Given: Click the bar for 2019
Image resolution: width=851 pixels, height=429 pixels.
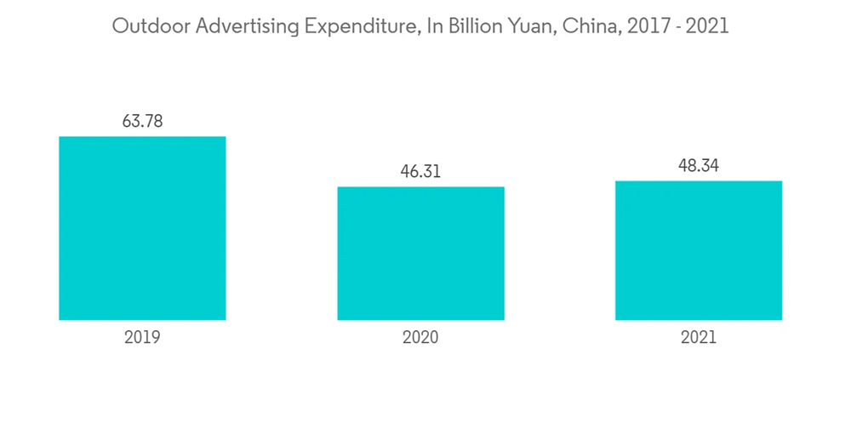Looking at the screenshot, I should [x=142, y=228].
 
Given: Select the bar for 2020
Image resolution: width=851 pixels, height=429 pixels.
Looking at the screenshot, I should [x=420, y=254].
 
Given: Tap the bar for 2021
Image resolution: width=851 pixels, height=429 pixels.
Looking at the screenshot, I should [x=699, y=250].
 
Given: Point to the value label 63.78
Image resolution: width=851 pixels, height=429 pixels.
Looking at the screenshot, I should [x=142, y=121].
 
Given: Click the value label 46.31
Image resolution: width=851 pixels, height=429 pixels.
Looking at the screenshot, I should [x=420, y=171].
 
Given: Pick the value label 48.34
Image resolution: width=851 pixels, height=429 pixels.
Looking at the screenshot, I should [x=699, y=165].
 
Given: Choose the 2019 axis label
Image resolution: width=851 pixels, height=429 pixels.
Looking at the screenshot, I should [x=142, y=337].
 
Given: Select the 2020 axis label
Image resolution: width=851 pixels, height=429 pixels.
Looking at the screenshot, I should [x=420, y=337].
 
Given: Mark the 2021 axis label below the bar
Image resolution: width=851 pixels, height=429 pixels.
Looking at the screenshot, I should [x=699, y=337].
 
